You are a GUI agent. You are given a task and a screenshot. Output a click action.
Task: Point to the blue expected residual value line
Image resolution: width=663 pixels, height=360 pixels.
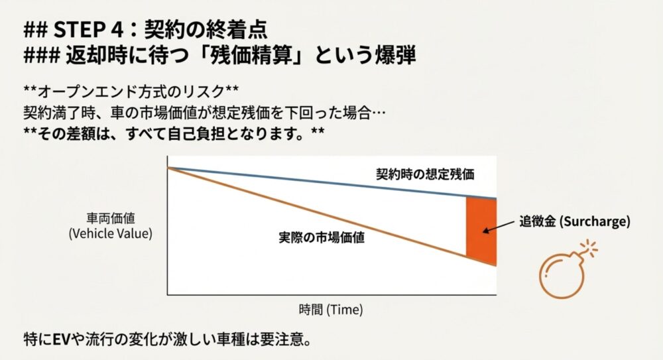point(318,182)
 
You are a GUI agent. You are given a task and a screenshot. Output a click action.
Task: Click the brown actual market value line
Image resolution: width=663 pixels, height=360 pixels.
point(318,212)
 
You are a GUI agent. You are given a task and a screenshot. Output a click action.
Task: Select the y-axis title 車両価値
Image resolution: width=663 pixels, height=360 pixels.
point(110,219)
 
